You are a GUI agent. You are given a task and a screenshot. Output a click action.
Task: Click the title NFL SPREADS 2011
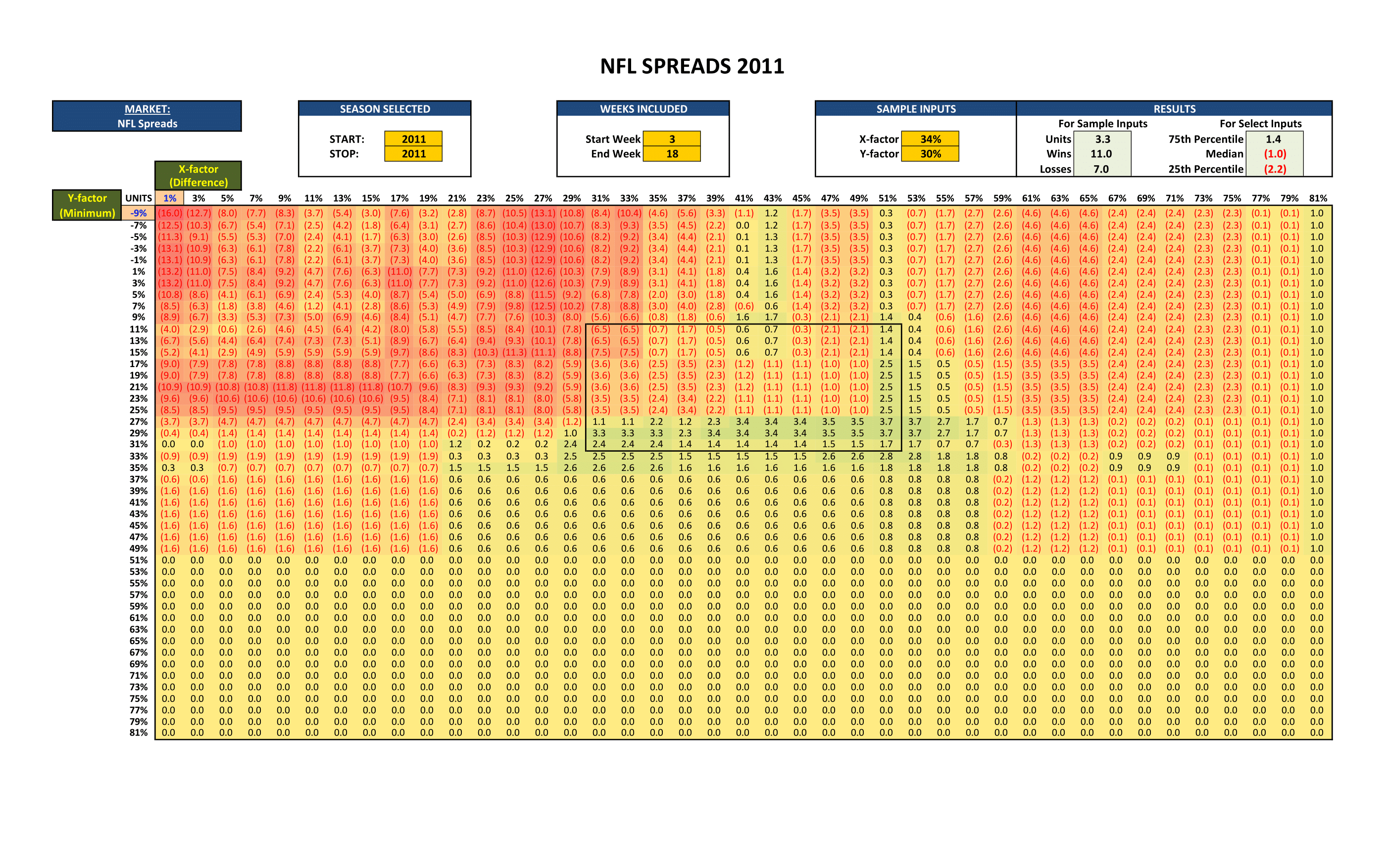point(692,66)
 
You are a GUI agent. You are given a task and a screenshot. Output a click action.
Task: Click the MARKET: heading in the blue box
point(148,109)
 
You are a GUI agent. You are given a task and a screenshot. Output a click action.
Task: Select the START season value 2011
point(413,139)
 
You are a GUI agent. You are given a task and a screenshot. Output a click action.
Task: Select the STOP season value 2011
point(413,153)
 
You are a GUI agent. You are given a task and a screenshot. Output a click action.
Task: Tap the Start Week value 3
point(672,139)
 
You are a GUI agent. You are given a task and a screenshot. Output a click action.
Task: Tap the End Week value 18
point(672,153)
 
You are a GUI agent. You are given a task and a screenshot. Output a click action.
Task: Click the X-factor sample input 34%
point(931,139)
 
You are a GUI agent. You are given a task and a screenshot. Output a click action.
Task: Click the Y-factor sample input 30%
point(931,153)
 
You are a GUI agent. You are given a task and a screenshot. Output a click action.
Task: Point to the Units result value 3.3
point(1102,139)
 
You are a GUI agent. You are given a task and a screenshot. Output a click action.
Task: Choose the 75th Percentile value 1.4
point(1274,139)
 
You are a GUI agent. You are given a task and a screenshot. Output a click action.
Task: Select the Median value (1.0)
point(1275,153)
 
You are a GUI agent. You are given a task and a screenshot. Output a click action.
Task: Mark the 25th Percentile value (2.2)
point(1275,169)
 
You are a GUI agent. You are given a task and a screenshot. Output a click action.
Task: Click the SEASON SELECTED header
point(385,109)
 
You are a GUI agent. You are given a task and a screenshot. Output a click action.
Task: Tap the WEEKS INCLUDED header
point(643,109)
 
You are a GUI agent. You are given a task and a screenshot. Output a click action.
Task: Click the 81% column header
point(1318,198)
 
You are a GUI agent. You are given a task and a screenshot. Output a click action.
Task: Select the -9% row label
point(139,213)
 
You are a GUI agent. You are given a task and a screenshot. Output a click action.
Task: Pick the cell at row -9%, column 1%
point(169,213)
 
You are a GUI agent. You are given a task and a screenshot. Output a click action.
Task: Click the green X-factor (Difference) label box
point(198,176)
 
